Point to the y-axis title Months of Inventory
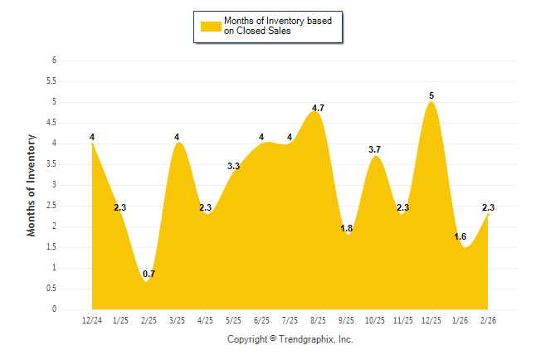pyautogui.click(x=32, y=184)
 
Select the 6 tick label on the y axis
pyautogui.click(x=54, y=61)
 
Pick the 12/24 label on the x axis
pyautogui.click(x=92, y=319)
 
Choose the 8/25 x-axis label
pyautogui.click(x=318, y=319)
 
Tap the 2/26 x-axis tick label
pyautogui.click(x=488, y=319)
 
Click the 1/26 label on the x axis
pyautogui.click(x=460, y=319)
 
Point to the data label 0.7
pyautogui.click(x=149, y=274)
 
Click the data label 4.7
pyautogui.click(x=318, y=108)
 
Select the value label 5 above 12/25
pyautogui.click(x=431, y=95)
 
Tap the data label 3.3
pyautogui.click(x=233, y=166)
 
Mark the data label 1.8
pyautogui.click(x=347, y=228)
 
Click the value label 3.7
pyautogui.click(x=374, y=149)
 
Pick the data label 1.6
pyautogui.click(x=460, y=236)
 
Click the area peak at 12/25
pyautogui.click(x=431, y=103)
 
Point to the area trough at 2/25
pyautogui.click(x=147, y=281)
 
